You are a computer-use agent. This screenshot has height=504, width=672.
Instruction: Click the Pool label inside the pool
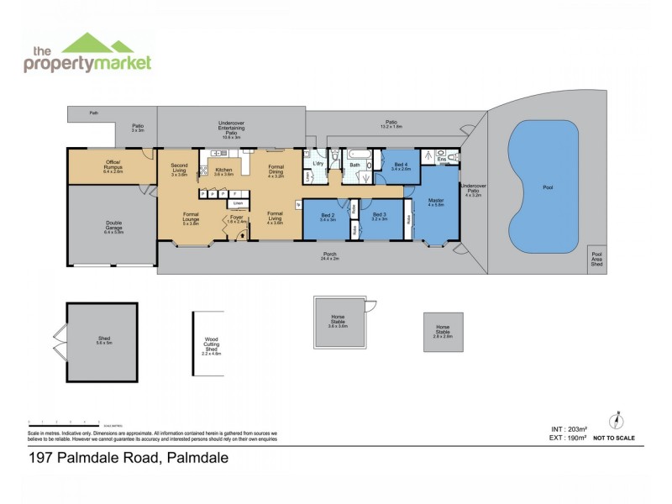click(547, 187)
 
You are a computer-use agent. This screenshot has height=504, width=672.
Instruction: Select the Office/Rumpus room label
click(113, 164)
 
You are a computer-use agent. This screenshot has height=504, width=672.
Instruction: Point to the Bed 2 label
click(328, 217)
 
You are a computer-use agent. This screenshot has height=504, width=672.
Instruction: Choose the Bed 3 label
click(380, 217)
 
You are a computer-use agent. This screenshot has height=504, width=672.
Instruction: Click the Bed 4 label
click(401, 166)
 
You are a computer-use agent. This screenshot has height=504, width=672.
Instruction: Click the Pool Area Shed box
click(597, 260)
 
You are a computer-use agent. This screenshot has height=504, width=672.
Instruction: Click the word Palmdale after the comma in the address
click(198, 458)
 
